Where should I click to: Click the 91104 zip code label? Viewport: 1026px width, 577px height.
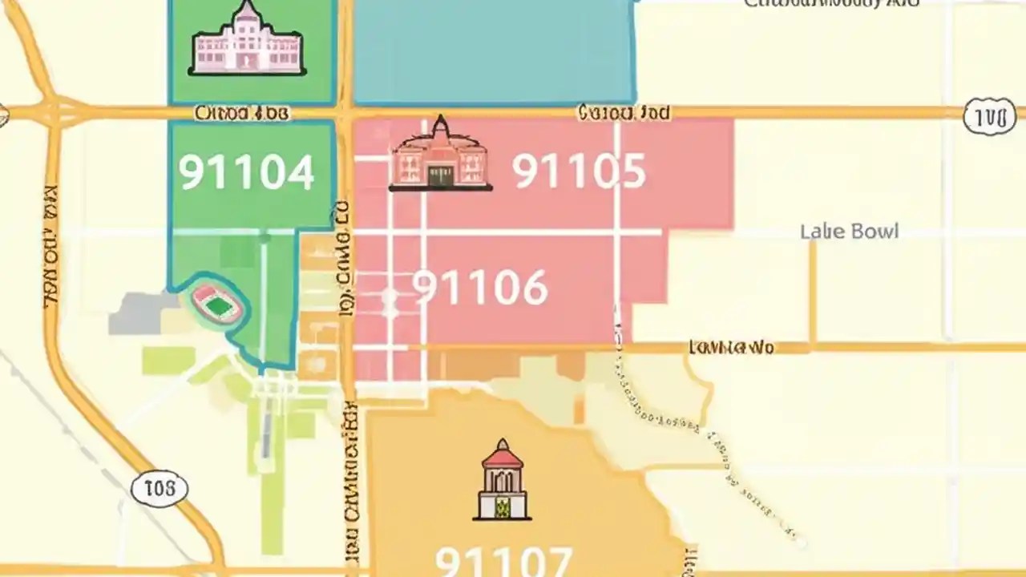(x=246, y=173)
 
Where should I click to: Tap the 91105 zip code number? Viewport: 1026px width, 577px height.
(x=578, y=171)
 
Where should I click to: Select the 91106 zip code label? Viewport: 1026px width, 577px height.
(x=480, y=288)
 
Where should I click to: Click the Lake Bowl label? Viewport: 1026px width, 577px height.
(x=849, y=232)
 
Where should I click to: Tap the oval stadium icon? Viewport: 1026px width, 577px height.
(x=217, y=303)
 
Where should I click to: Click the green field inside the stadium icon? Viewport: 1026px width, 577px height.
(x=219, y=305)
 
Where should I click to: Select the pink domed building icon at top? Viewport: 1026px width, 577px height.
(x=248, y=40)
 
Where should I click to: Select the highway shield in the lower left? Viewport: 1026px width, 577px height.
(x=160, y=488)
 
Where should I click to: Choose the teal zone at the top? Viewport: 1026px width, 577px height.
(x=494, y=52)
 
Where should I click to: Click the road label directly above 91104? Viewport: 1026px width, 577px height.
(x=241, y=114)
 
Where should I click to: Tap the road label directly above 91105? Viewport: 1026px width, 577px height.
(x=624, y=113)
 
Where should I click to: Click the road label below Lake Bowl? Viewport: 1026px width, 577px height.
(x=731, y=347)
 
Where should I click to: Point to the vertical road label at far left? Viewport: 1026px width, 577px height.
(x=50, y=248)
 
